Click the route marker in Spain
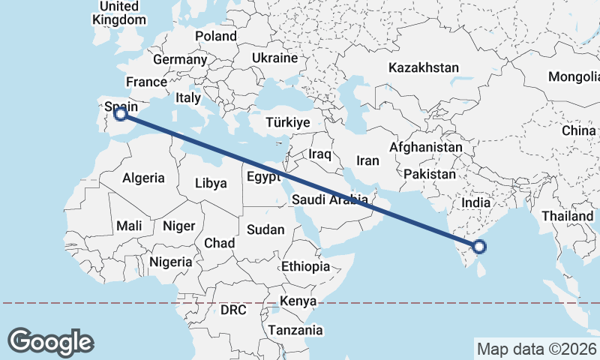pyautogui.click(x=120, y=114)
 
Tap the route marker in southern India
pyautogui.click(x=479, y=247)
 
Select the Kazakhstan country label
pyautogui.click(x=423, y=68)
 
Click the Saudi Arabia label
pyautogui.click(x=329, y=199)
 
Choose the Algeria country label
pyautogui.click(x=143, y=178)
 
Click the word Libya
pyautogui.click(x=210, y=183)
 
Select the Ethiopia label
pyautogui.click(x=305, y=266)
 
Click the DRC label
pyautogui.click(x=234, y=310)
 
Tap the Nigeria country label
pyautogui.click(x=171, y=262)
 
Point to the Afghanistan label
pyautogui.click(x=426, y=148)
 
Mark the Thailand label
pyautogui.click(x=568, y=216)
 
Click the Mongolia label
pyautogui.click(x=574, y=76)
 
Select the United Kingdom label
pyautogui.click(x=118, y=13)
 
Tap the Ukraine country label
pyautogui.click(x=274, y=58)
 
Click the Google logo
pyautogui.click(x=50, y=341)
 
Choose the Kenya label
pyautogui.click(x=298, y=301)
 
